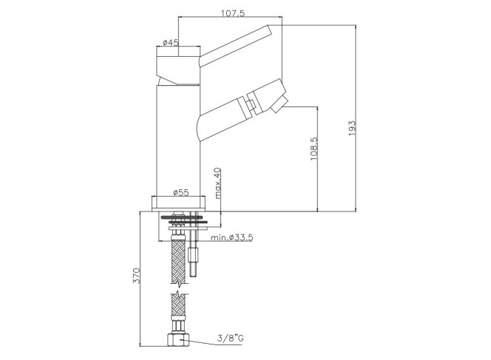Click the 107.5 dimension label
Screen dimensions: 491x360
233,13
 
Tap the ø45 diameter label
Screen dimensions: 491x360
170,42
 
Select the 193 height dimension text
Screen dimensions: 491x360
352,128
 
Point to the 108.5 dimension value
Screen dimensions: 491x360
314,149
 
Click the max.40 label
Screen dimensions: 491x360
217,183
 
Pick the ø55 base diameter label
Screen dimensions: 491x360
180,192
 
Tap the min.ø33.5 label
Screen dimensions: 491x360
231,237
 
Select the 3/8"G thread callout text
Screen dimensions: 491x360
231,339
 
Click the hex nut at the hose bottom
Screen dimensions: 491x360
178,340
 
